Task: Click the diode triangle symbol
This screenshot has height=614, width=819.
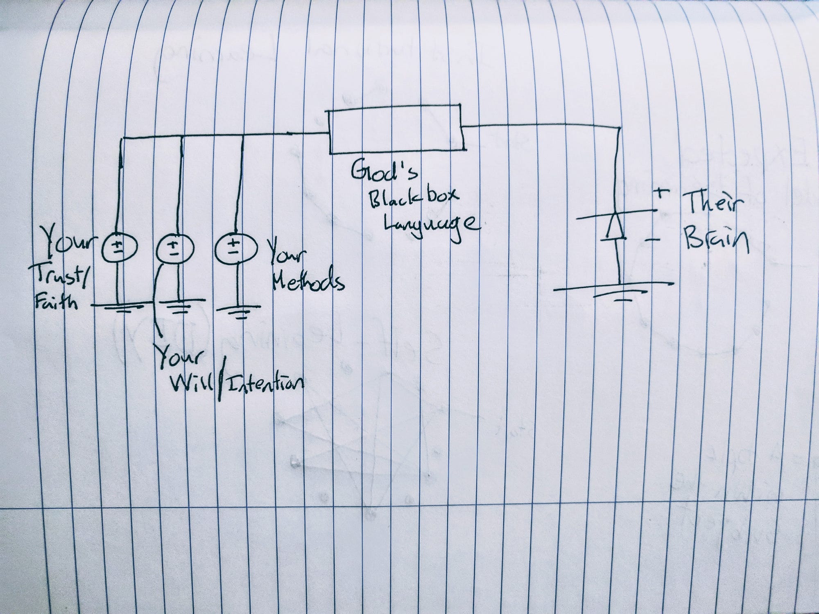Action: (615, 226)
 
